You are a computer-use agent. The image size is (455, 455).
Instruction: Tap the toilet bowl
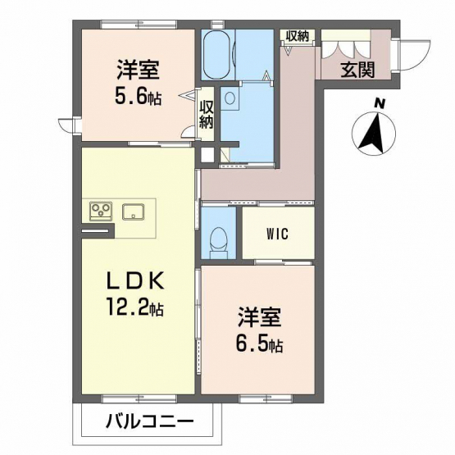[x=219, y=239]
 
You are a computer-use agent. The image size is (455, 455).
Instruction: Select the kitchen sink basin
[x=134, y=212]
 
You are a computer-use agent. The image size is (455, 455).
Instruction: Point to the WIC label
[x=278, y=234]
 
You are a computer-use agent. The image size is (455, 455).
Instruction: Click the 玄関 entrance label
[x=357, y=70]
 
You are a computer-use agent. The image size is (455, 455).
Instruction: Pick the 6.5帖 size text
[x=259, y=344]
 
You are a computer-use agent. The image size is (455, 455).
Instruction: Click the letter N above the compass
[x=379, y=103]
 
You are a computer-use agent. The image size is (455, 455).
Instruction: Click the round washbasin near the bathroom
[x=230, y=98]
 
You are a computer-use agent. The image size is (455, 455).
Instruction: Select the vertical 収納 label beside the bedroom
[x=207, y=115]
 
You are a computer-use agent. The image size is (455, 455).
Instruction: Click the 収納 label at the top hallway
[x=298, y=36]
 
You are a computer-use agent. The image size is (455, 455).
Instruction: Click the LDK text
[x=136, y=281]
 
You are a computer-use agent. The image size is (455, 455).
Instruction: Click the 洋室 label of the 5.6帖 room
[x=138, y=70]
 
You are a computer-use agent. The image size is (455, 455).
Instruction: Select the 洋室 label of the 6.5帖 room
[x=259, y=317]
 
